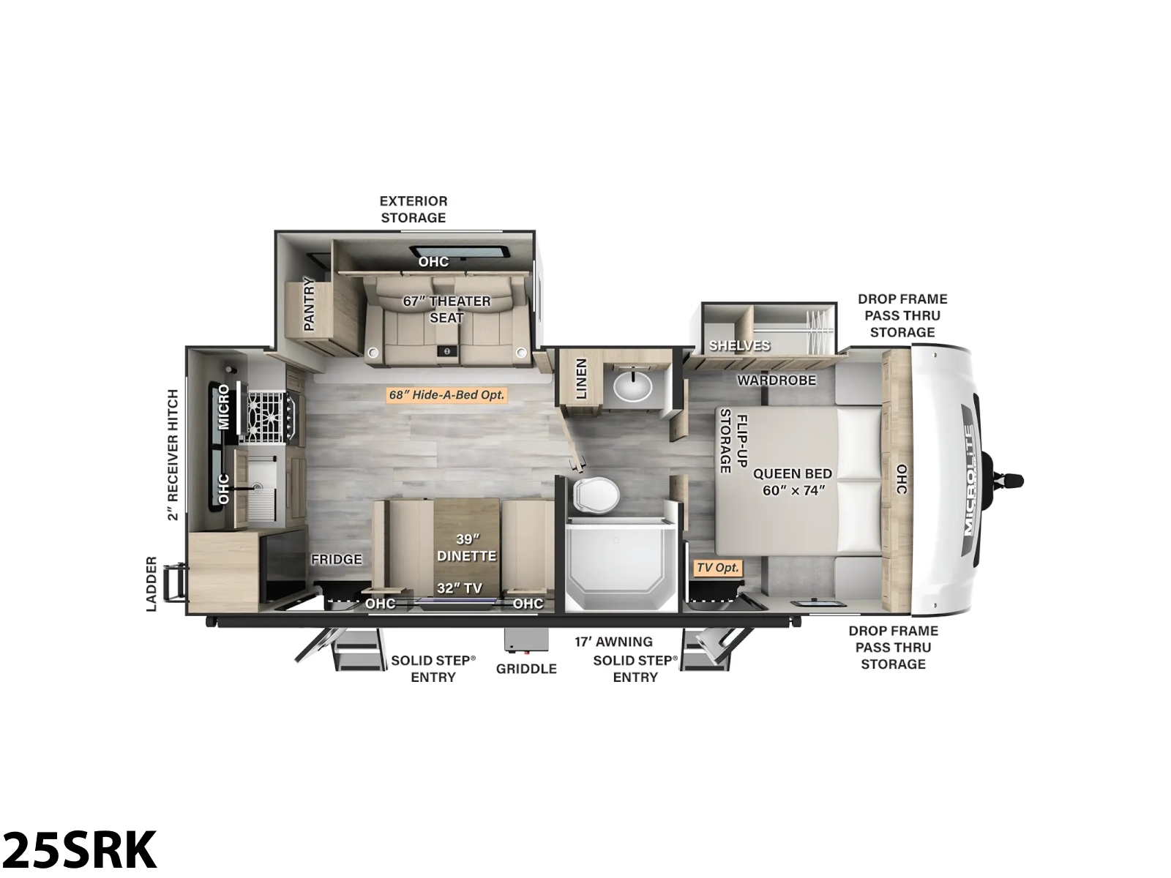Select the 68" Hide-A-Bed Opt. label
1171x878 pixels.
coord(446,395)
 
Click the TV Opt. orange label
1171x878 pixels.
coord(717,568)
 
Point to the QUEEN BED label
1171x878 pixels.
coord(792,473)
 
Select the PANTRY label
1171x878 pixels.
coord(309,304)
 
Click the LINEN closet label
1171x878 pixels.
coord(581,378)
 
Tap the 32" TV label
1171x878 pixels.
coord(460,588)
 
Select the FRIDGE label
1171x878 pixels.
coord(337,559)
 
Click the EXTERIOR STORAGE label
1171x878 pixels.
coord(414,209)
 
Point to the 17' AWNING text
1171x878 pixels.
coord(613,642)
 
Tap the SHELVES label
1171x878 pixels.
coord(739,345)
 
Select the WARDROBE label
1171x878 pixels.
coord(777,380)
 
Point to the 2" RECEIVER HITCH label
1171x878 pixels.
coord(172,454)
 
